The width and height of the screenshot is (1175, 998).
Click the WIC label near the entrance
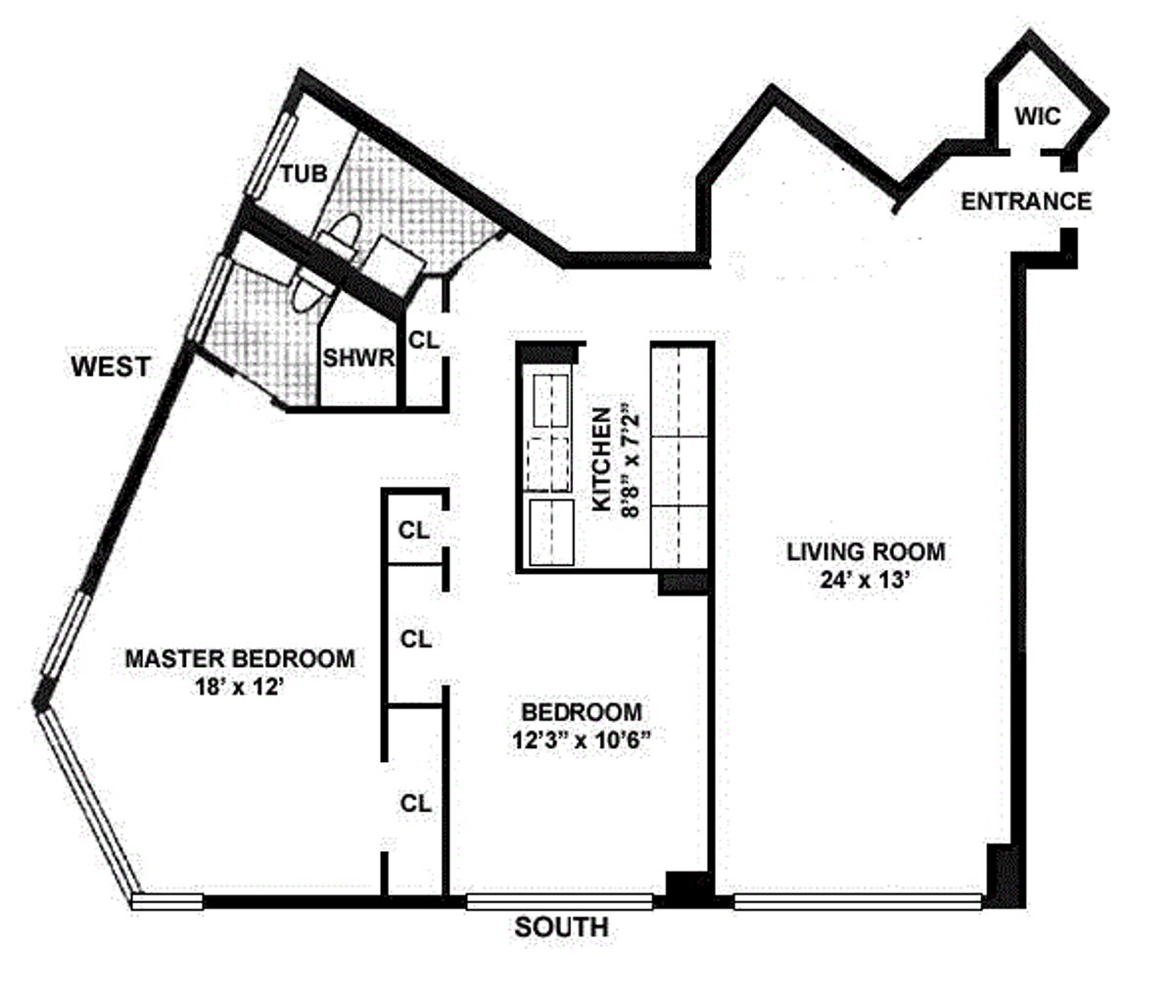(1037, 117)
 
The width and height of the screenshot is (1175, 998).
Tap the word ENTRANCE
(1025, 202)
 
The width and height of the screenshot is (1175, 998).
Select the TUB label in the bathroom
(304, 174)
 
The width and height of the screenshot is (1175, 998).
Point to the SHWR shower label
(358, 358)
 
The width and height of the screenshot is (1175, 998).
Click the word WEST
(112, 367)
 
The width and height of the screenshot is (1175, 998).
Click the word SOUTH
(561, 927)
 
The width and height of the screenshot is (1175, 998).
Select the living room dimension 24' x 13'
(866, 579)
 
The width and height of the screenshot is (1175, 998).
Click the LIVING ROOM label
(866, 552)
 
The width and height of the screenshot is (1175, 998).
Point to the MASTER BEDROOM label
(240, 658)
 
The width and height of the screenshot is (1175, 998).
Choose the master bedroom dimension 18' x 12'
(240, 687)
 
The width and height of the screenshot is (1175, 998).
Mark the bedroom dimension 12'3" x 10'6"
(582, 740)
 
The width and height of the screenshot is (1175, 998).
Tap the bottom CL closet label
(415, 804)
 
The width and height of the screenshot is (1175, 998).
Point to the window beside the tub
(272, 155)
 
